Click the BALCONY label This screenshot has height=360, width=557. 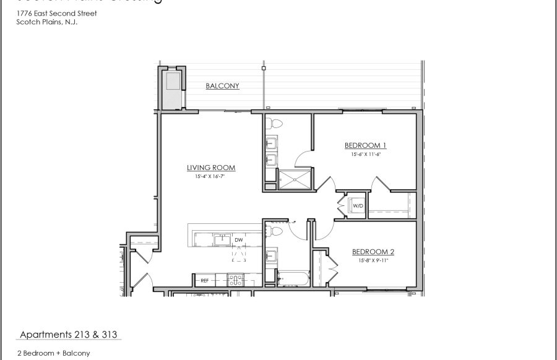click(x=222, y=86)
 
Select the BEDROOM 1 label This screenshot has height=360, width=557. click(x=365, y=146)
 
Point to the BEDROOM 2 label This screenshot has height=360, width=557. click(x=373, y=252)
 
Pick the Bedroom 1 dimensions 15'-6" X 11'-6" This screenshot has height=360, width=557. click(x=365, y=155)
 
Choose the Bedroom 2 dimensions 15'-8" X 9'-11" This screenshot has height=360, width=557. click(x=373, y=260)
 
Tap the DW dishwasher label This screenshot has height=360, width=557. click(x=239, y=239)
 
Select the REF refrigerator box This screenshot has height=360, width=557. click(x=204, y=281)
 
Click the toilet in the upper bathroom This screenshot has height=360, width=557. click(x=276, y=123)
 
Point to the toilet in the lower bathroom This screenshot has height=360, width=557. click(x=277, y=231)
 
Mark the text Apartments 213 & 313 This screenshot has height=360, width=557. click(x=69, y=335)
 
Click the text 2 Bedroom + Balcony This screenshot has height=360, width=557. click(x=54, y=353)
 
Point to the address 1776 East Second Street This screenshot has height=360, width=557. click(x=57, y=13)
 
